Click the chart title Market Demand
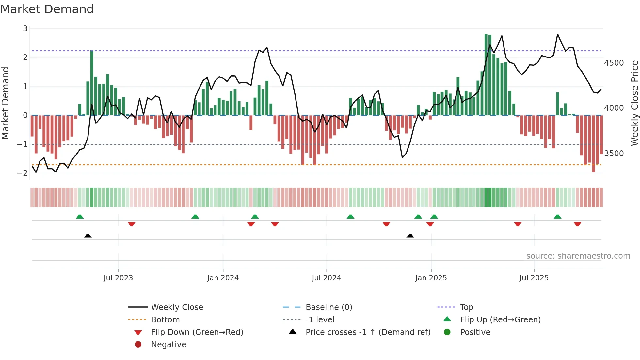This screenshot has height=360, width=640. (47, 9)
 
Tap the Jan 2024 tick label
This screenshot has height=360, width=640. (223, 278)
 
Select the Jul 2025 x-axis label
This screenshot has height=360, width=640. (534, 278)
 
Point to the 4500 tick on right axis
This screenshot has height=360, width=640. (614, 63)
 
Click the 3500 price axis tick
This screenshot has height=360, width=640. (614, 153)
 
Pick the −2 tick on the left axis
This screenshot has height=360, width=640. (22, 173)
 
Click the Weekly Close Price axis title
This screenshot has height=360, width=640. (634, 103)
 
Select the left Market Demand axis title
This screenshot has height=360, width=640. (5, 103)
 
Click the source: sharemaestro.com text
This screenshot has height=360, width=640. (578, 256)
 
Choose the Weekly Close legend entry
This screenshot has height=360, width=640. (177, 307)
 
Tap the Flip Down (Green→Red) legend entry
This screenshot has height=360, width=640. (197, 332)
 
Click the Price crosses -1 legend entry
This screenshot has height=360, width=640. (368, 332)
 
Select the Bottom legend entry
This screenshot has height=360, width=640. (165, 320)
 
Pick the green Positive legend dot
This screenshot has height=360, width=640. (447, 332)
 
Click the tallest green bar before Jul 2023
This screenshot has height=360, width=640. (92, 83)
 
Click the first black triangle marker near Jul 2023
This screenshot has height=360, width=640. (88, 236)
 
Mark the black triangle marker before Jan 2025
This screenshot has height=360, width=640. (410, 236)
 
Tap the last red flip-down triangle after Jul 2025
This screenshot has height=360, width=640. (577, 224)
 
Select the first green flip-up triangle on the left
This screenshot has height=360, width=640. (80, 217)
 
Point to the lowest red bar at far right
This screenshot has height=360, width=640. (593, 144)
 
